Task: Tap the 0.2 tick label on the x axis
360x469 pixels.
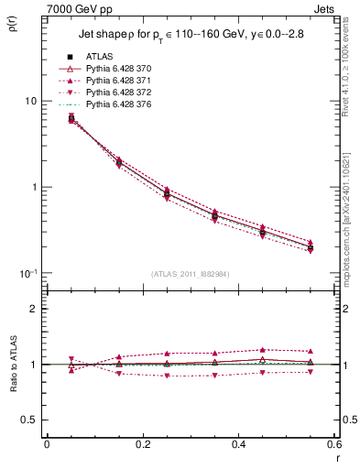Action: [142, 445]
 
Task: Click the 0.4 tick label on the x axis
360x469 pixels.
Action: [237, 445]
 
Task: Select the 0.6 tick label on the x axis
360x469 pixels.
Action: [333, 445]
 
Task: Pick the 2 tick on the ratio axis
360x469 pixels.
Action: [34, 309]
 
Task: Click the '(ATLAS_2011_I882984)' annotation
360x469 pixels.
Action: [190, 274]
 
